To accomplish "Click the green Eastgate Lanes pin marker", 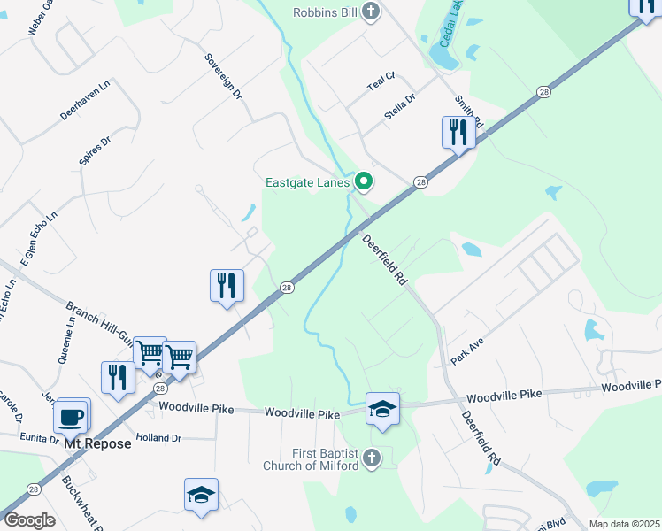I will point(364,182).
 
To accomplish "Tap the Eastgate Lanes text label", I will point(309,183).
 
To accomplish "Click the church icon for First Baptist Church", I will point(372,458).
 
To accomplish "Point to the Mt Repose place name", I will point(97,443).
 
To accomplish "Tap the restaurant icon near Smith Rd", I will point(458,134).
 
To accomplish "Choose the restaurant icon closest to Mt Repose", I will point(118,377).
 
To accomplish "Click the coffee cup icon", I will point(71,415).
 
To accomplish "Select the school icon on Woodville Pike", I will point(382,409).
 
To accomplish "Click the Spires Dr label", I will point(95,151).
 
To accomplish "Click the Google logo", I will point(29,519).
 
